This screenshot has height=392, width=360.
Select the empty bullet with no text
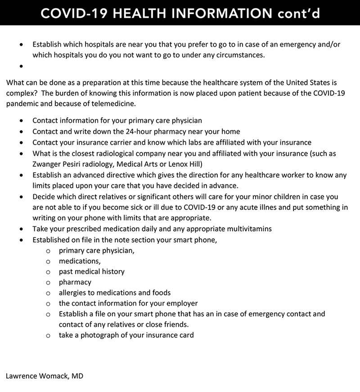[x=22, y=66]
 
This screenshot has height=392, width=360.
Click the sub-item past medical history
[x=91, y=272]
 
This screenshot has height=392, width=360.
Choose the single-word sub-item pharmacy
[x=75, y=282]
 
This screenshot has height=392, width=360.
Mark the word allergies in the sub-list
[x=74, y=293]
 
